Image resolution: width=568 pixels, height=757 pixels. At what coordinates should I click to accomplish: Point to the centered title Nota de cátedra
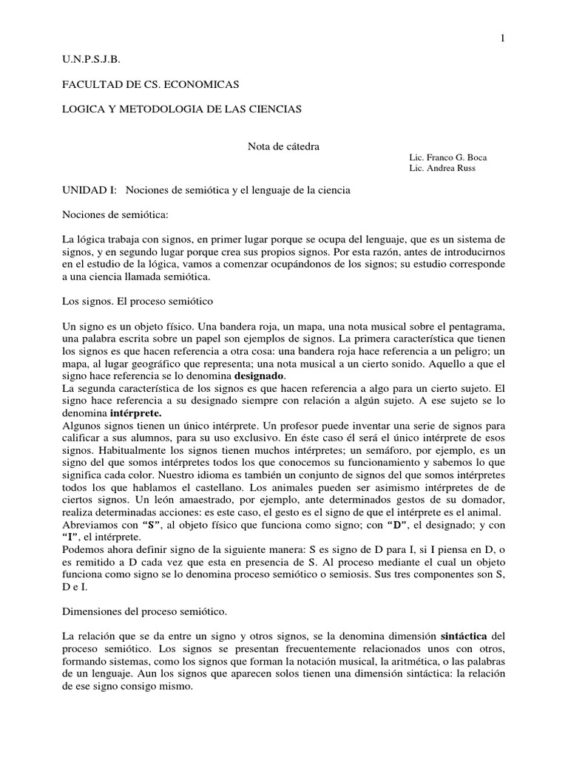click(283, 146)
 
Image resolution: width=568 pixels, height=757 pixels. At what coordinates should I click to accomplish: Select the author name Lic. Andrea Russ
click(442, 169)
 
